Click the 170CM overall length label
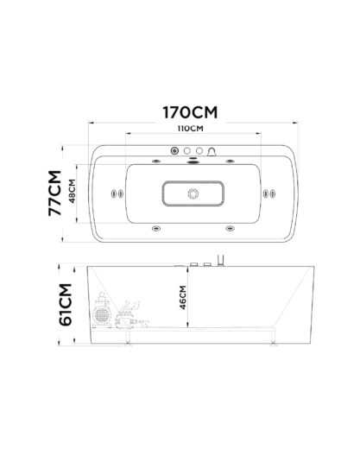[x=190, y=112]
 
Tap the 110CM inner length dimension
[x=190, y=129]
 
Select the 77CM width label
[x=55, y=193]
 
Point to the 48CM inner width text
[x=72, y=191]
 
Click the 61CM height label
[x=66, y=304]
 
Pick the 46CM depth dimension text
[x=183, y=297]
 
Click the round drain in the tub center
[x=193, y=193]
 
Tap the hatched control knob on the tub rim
[x=175, y=151]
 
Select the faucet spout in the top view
[x=212, y=152]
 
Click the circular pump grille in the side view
[x=101, y=315]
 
